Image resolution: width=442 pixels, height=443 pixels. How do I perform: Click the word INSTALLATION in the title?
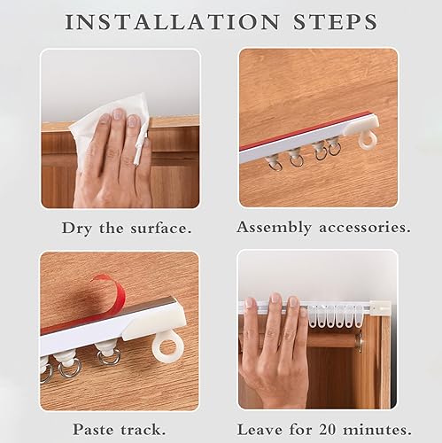click(172, 21)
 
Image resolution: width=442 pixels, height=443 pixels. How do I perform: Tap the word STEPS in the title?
click(335, 21)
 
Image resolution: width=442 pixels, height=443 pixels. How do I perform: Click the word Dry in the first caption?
click(76, 229)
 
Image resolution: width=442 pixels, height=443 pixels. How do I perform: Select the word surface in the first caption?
click(161, 229)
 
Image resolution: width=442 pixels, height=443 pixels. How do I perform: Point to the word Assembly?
click(275, 228)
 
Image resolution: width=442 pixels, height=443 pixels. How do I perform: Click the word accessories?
click(365, 228)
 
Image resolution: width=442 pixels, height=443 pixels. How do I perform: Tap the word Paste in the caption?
click(94, 430)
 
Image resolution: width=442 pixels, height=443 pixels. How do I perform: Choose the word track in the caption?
click(143, 430)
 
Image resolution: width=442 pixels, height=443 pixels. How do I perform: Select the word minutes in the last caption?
click(379, 430)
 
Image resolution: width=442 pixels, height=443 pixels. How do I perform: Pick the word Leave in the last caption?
click(260, 430)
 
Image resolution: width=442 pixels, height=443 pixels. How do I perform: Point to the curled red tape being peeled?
click(113, 291)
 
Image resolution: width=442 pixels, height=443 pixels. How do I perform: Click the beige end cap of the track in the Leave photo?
click(381, 308)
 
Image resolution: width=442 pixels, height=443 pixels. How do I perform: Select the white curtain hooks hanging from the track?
click(336, 316)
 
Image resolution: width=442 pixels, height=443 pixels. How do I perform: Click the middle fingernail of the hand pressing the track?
click(276, 298)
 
